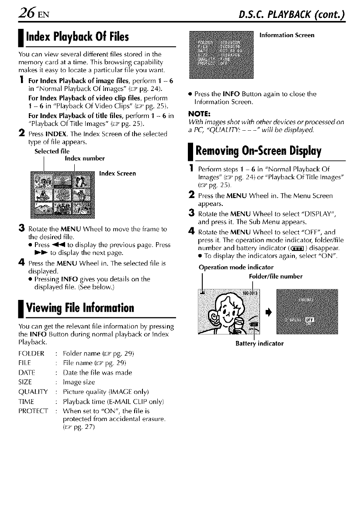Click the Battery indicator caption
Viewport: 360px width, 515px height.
tap(259, 343)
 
